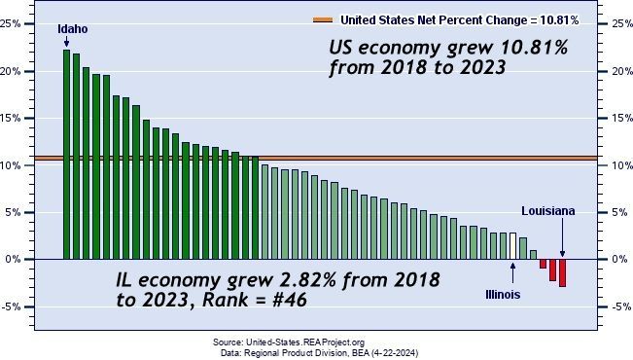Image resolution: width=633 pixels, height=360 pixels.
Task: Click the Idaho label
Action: tap(73, 29)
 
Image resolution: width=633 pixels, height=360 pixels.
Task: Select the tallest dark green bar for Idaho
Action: tap(67, 155)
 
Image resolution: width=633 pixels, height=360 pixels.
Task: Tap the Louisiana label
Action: tap(547, 211)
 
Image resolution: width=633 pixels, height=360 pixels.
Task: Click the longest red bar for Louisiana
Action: tap(562, 272)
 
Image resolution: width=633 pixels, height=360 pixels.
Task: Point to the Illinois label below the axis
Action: tap(503, 295)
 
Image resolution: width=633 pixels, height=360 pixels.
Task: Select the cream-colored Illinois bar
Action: tap(512, 246)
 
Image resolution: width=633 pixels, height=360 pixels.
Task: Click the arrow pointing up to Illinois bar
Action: tap(512, 273)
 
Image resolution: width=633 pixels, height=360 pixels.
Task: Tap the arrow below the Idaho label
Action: tap(67, 42)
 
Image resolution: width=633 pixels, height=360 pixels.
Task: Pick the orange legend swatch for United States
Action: tap(323, 19)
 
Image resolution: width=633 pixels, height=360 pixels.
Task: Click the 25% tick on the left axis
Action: tap(28, 24)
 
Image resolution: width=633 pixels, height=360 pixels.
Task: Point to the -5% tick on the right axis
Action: tap(603, 306)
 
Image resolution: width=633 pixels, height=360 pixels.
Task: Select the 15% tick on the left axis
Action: tap(28, 119)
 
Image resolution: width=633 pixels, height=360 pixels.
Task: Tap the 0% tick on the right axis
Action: tap(603, 260)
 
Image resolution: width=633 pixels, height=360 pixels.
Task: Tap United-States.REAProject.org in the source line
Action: tap(305, 342)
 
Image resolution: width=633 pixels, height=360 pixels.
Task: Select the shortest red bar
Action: tap(543, 264)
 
